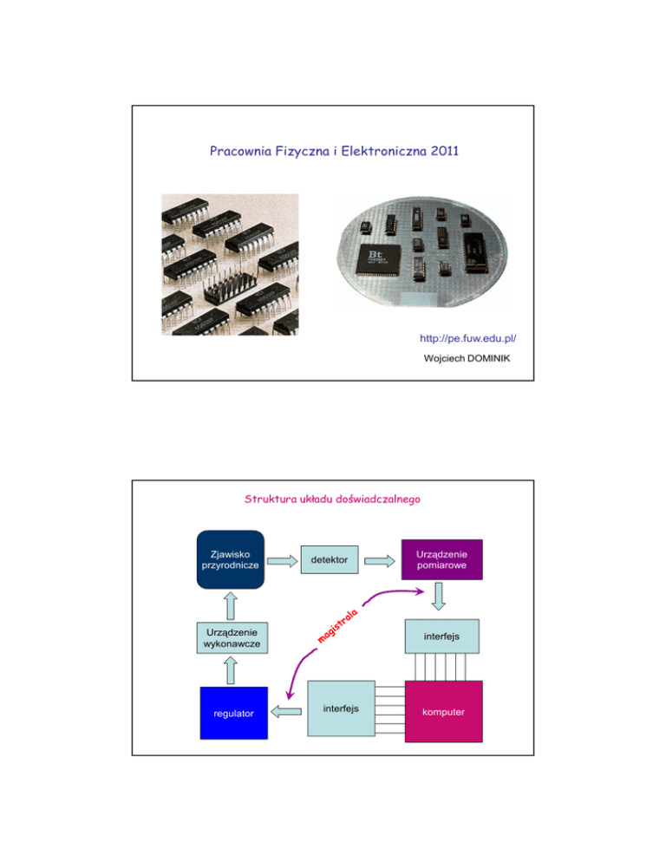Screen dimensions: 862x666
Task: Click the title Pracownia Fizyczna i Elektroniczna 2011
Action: [x=332, y=153]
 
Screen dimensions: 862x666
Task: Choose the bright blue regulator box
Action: [x=232, y=713]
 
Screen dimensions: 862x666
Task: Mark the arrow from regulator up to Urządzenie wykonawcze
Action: [x=232, y=673]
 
